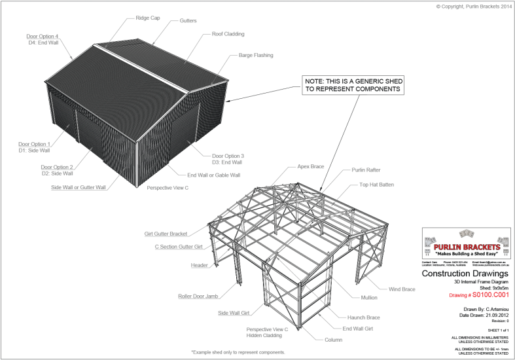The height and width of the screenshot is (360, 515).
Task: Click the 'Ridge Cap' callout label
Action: point(147,18)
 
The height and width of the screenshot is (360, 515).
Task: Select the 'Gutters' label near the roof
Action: point(188,21)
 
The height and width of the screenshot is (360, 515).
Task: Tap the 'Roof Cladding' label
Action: point(228,34)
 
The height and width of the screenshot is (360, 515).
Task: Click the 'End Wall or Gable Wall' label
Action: point(213,175)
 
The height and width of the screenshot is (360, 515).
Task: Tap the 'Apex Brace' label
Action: point(311,167)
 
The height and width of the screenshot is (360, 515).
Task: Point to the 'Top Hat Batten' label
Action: point(376,185)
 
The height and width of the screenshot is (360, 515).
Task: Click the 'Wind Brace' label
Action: point(402,289)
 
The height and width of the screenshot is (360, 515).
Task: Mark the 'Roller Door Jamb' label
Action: point(197,296)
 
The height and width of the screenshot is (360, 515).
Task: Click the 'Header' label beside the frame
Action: point(199,265)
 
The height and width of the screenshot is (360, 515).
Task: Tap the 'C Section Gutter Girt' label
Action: point(178,247)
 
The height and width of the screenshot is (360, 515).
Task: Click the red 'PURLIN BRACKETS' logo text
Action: point(466,246)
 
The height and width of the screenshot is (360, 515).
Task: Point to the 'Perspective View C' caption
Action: point(168,188)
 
